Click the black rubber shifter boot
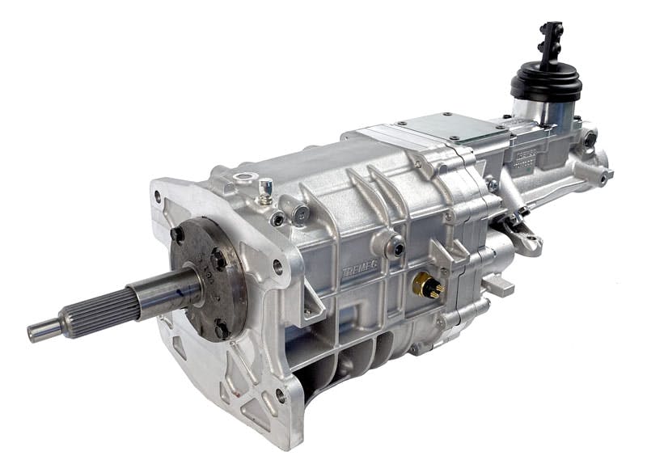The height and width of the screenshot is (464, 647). (x=547, y=81)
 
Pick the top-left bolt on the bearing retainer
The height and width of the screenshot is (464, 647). (x=176, y=235)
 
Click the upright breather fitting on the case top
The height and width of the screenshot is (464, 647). (x=263, y=191)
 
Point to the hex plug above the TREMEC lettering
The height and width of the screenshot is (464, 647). (x=395, y=247)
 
